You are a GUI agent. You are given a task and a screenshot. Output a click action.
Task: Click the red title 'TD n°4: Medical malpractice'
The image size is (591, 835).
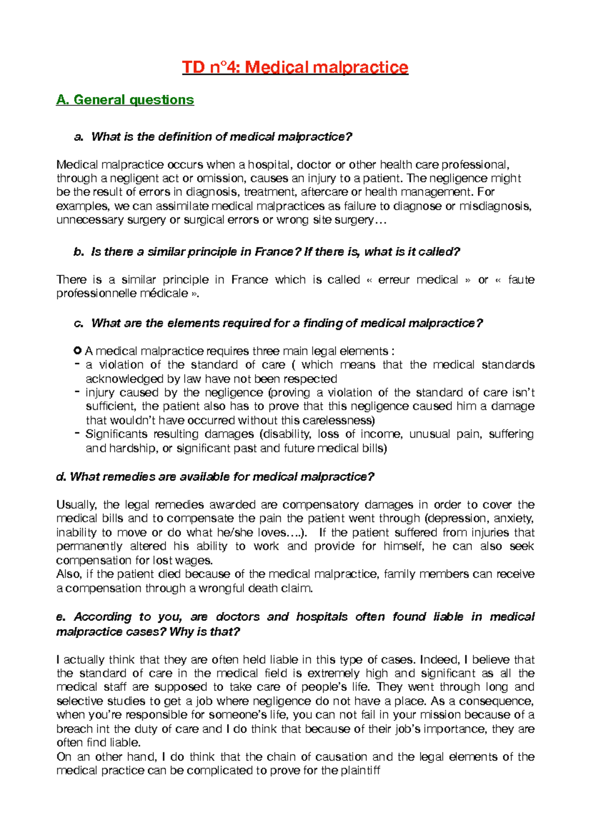[x=295, y=67]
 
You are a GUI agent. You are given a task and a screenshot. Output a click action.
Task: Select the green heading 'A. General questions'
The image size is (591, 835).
[x=125, y=100]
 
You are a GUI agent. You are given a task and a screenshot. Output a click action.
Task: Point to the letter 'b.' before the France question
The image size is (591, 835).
[x=79, y=252]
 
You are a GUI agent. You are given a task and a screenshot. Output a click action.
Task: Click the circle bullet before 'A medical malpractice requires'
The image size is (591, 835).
[x=77, y=351]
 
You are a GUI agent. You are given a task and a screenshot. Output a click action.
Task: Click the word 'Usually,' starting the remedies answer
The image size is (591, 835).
[x=77, y=505]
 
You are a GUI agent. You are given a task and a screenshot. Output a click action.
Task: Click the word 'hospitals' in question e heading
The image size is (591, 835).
[x=322, y=617]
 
